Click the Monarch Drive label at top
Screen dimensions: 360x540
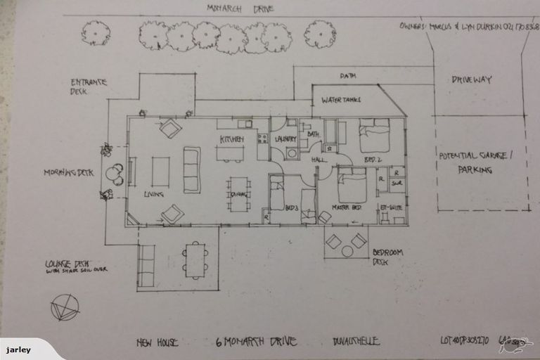click(240, 8)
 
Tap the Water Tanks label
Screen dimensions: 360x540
click(341, 101)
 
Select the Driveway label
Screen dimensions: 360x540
click(471, 79)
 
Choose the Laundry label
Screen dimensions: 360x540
click(285, 139)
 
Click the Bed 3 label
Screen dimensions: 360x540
click(292, 207)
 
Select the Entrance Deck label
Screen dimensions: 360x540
click(89, 86)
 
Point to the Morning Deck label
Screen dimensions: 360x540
click(68, 172)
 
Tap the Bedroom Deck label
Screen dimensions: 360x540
click(388, 256)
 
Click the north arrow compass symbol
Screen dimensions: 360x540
click(65, 307)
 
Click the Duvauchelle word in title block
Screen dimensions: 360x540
click(356, 342)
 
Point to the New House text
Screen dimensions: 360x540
click(157, 343)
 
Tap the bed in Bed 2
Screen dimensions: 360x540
click(374, 135)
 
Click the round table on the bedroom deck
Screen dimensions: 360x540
click(347, 250)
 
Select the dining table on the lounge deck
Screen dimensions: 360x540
click(195, 260)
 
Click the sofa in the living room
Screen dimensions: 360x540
click(191, 169)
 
